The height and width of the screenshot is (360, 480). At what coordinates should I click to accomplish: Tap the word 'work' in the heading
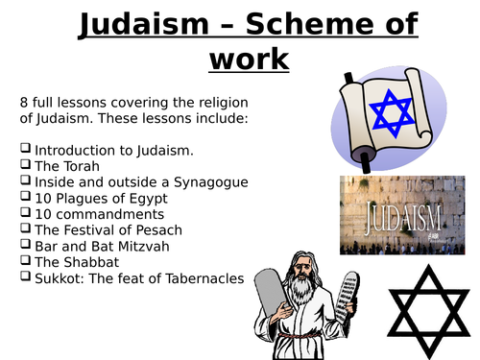[x=249, y=59]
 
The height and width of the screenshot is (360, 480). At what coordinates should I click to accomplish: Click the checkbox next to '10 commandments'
[x=25, y=214]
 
